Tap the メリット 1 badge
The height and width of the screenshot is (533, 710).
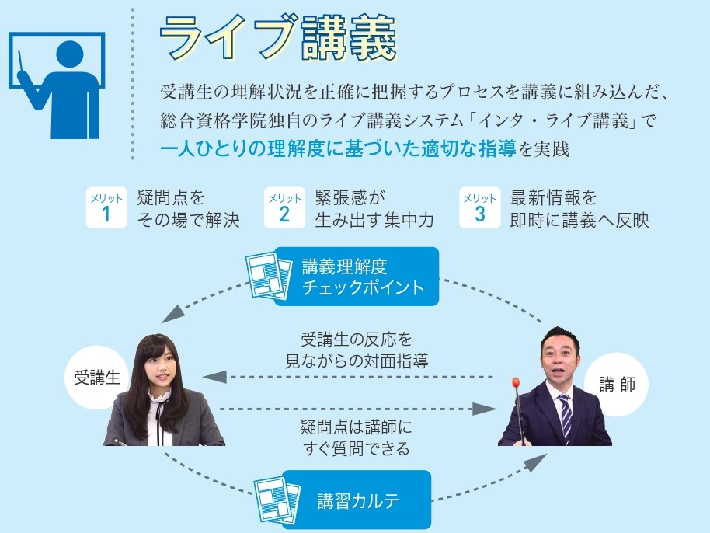pos(106,208)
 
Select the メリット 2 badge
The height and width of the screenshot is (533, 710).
pos(284,208)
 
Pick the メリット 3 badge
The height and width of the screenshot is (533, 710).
pos(479,208)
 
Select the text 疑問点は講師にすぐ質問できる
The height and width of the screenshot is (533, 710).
pos(355,437)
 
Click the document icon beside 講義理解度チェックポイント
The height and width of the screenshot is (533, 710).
pos(266,274)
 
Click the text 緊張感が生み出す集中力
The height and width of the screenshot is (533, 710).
pos(374,209)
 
